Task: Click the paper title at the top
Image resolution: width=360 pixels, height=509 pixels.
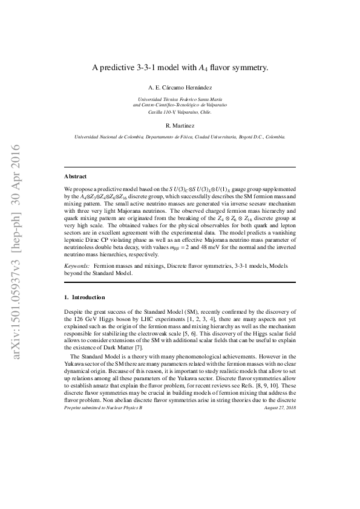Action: [x=180, y=69]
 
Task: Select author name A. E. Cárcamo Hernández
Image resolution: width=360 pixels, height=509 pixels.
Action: [x=180, y=88]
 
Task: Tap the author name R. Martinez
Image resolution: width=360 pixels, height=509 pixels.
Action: [x=180, y=125]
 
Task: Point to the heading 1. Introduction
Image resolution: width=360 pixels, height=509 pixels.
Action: [x=85, y=297]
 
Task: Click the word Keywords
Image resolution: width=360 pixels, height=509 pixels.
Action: [x=77, y=266]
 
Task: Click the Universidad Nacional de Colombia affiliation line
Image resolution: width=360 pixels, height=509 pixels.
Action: [x=180, y=137]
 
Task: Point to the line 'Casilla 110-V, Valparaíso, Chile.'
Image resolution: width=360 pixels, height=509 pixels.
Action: [x=180, y=112]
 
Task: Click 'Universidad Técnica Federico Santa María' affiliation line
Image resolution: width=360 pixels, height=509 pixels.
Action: [x=180, y=99]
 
